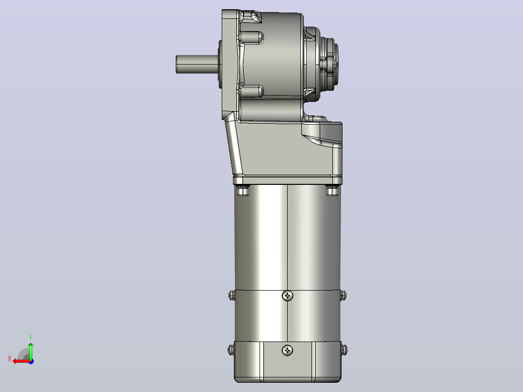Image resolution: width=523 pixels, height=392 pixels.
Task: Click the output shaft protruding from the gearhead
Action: (197, 65)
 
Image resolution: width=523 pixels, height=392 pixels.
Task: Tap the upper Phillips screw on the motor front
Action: (288, 295)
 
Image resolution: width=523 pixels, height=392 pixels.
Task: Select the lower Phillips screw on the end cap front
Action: (288, 350)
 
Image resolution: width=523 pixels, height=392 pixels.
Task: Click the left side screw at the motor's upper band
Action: (232, 295)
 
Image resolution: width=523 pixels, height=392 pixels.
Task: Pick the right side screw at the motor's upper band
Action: (343, 295)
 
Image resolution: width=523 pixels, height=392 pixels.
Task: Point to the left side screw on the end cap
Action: (231, 350)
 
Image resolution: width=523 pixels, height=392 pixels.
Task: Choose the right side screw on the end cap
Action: (344, 350)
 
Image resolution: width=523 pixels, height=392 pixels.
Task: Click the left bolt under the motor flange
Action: (243, 190)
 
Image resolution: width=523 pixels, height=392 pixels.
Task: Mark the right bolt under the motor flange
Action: (332, 190)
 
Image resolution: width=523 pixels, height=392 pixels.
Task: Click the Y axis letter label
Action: (31, 338)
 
